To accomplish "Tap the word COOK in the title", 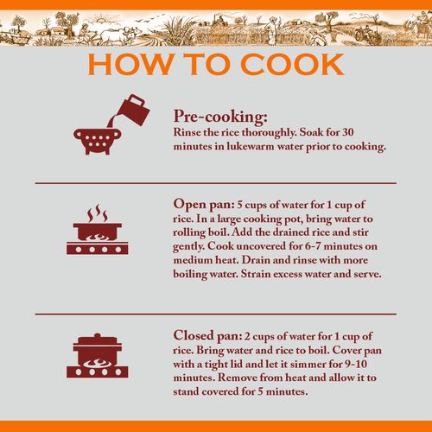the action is (293, 64).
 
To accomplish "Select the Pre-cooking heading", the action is (220, 117).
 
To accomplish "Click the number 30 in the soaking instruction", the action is (348, 132).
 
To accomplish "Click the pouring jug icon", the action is (133, 110).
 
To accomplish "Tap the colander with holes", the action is (98, 142).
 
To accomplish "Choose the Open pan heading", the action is (204, 204).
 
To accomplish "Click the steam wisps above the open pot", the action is (98, 213).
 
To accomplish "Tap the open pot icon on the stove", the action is (98, 232).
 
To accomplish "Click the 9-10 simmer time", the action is (356, 364).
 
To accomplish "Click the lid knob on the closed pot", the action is (98, 336).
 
